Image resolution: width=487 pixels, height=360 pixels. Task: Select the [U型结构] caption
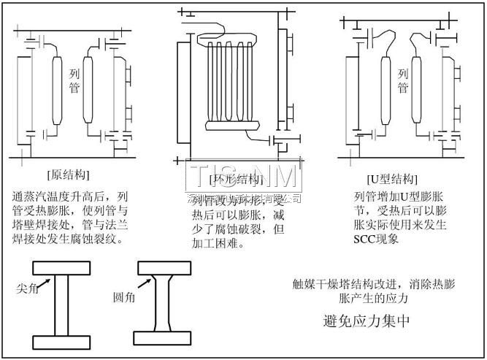392,179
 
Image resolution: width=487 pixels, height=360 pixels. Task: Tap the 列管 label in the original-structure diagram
74,80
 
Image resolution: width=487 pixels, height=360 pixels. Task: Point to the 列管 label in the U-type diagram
402,80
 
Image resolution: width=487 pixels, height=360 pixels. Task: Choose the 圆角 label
124,298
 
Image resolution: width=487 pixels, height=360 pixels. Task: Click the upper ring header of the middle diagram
226,37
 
